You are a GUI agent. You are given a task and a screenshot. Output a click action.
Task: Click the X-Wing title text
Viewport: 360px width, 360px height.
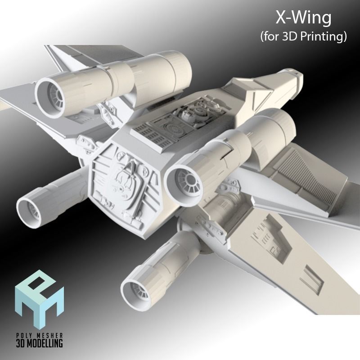[x=304, y=18]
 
